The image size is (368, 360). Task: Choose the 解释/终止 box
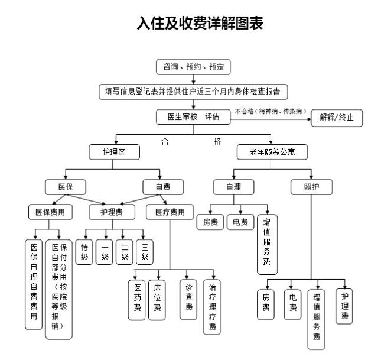pos(337,117)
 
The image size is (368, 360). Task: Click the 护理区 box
pos(115,152)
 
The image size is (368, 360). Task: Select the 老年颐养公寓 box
pos(273,152)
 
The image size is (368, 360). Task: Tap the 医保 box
pos(66,187)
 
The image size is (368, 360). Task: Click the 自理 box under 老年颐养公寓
pos(233,187)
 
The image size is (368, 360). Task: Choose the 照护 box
pos(311,187)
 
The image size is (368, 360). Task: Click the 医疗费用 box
pos(170,212)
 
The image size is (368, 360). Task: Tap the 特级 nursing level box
pos(86,252)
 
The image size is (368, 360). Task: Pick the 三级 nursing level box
pos(144,252)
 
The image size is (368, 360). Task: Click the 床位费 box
pos(157,299)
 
